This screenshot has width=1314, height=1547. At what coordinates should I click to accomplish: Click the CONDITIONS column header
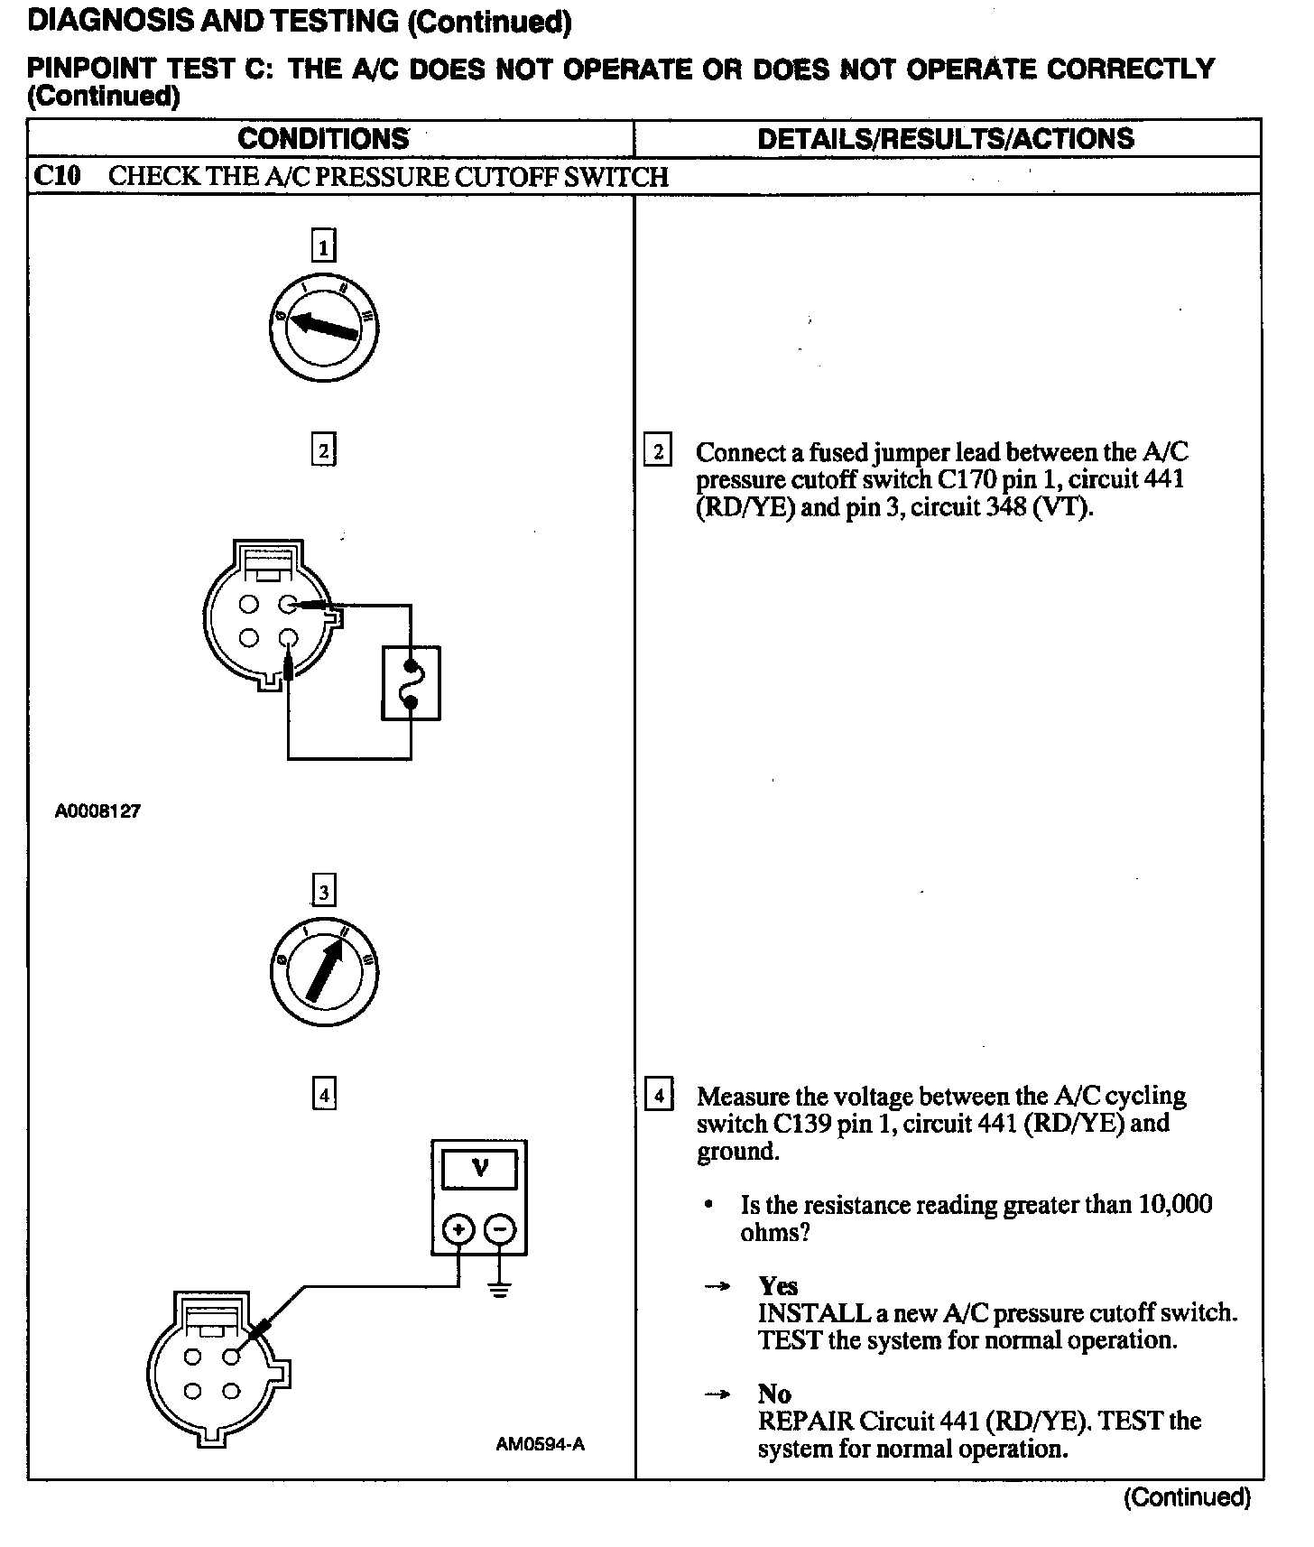[323, 139]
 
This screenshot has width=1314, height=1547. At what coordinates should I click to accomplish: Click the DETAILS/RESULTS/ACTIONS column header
[945, 139]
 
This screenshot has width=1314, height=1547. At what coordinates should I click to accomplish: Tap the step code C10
[57, 175]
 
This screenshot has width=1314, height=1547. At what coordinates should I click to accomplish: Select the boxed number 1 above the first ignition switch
[323, 246]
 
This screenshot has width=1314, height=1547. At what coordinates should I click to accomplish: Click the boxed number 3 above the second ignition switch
[323, 892]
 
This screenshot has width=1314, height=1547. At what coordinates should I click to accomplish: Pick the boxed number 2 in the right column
[658, 451]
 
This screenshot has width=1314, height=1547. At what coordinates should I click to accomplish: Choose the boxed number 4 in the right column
[659, 1097]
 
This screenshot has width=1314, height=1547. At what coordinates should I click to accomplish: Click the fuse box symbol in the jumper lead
[411, 683]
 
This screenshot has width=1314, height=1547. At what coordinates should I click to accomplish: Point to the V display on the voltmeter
[479, 1170]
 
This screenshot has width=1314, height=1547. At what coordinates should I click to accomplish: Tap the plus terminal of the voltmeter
[458, 1229]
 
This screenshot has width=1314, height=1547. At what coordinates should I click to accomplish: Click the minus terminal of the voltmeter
[501, 1229]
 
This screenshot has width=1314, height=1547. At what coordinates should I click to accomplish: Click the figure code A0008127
[97, 811]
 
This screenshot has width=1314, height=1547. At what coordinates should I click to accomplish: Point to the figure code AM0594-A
[540, 1444]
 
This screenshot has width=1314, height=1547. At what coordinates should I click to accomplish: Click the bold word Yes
[778, 1285]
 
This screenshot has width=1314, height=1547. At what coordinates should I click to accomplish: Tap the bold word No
[774, 1394]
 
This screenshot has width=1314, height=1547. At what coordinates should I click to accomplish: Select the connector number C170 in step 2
[964, 479]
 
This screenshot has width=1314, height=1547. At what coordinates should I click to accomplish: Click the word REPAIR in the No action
[805, 1422]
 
